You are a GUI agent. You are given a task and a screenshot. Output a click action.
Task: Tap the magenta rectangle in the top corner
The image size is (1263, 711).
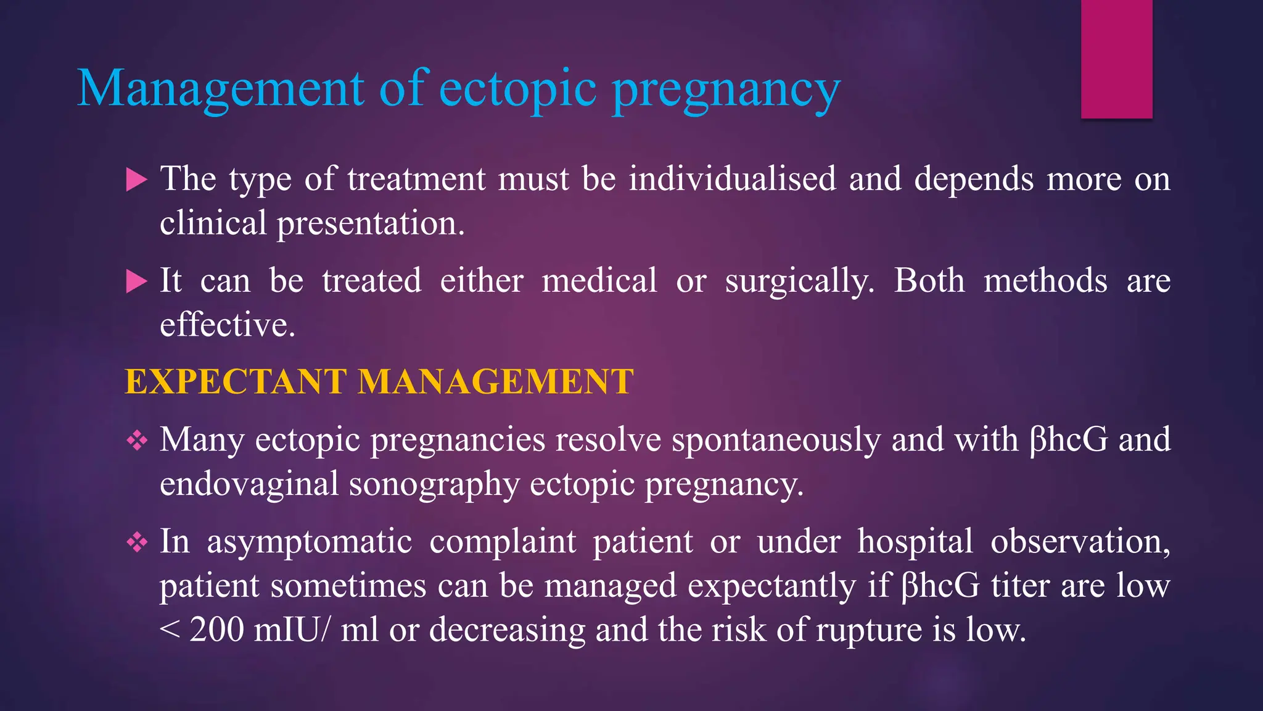point(1116,59)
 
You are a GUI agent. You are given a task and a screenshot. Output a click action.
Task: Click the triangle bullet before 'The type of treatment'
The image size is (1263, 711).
point(136,180)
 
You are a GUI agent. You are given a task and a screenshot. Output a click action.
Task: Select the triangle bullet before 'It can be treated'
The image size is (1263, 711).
point(136,282)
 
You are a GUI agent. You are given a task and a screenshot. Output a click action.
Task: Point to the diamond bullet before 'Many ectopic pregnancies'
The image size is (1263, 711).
point(137,441)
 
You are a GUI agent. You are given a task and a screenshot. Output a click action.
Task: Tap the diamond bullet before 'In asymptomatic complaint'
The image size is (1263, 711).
point(137,543)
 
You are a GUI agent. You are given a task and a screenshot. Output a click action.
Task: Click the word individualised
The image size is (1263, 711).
point(733,179)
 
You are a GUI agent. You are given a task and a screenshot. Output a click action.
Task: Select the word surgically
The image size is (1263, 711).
point(799,281)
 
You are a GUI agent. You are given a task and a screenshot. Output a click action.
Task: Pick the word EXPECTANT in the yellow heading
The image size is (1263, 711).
point(236,381)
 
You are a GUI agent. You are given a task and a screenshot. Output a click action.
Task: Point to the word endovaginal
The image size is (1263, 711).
point(249,484)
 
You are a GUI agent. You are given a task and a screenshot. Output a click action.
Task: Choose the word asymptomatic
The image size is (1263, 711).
point(310,542)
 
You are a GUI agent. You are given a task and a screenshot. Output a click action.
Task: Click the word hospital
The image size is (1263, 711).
point(915,542)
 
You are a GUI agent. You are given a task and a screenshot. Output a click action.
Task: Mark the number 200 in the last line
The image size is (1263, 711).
point(216,630)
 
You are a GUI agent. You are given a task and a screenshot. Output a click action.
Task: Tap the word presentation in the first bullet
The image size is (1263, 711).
point(370,223)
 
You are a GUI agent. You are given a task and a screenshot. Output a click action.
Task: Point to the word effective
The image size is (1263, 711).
point(228,325)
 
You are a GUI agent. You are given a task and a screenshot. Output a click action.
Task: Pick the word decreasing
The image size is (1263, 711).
point(507,630)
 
